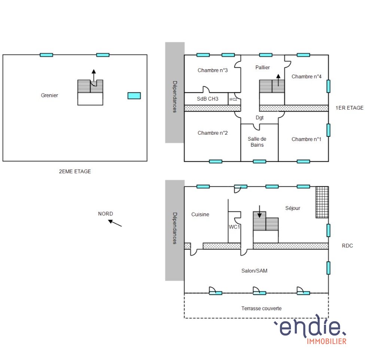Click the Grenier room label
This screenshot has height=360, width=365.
[x=49, y=95]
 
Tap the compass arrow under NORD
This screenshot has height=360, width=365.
[x=115, y=223]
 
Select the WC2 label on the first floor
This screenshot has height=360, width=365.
[x=233, y=100]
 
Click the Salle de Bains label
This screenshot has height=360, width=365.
[x=257, y=142]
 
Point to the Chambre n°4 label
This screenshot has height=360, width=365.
[x=307, y=77]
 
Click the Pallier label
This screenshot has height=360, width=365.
[x=262, y=67]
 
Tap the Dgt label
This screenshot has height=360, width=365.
[x=259, y=118]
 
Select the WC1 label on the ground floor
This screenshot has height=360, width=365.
[x=234, y=227]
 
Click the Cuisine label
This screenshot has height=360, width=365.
[x=200, y=214]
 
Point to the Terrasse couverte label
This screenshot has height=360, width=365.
[x=261, y=308]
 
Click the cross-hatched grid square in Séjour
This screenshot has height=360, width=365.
[x=322, y=202]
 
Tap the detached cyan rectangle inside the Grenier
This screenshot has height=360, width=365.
[x=134, y=96]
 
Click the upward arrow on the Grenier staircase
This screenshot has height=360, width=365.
[x=94, y=75]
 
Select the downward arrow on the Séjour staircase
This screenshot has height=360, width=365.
[x=259, y=211]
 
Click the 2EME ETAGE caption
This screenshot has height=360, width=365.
[x=75, y=171]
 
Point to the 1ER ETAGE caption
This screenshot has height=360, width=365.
[x=349, y=108]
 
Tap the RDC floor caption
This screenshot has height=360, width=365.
[x=347, y=246]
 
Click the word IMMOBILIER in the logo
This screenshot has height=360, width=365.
[x=326, y=341]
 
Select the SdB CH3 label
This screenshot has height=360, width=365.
[x=208, y=99]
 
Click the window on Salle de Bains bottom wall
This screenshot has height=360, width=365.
[x=259, y=162]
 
